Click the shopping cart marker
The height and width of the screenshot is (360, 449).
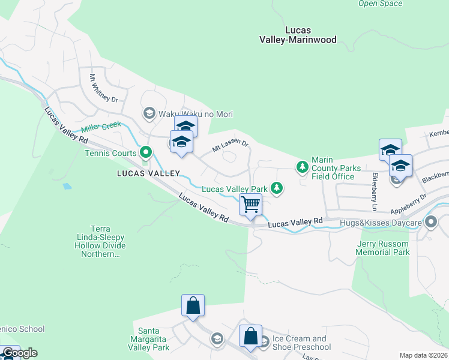pyautogui.click(x=250, y=205)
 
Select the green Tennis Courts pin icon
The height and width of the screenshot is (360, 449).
pyautogui.click(x=145, y=153)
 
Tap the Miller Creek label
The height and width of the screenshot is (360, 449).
pyautogui.click(x=101, y=127)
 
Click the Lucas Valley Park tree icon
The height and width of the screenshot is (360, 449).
pyautogui.click(x=276, y=189)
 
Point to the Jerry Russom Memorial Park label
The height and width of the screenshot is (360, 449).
pyautogui.click(x=383, y=248)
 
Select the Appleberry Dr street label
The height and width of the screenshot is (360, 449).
pyautogui.click(x=409, y=203)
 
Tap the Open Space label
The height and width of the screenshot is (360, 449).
pyautogui.click(x=380, y=4)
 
